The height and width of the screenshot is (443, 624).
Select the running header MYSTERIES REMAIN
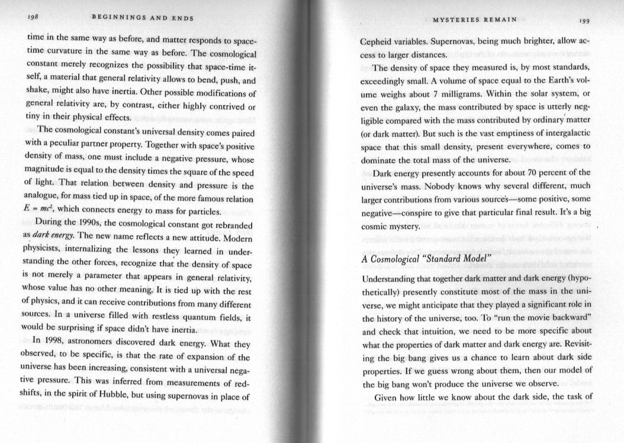(x=476, y=21)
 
